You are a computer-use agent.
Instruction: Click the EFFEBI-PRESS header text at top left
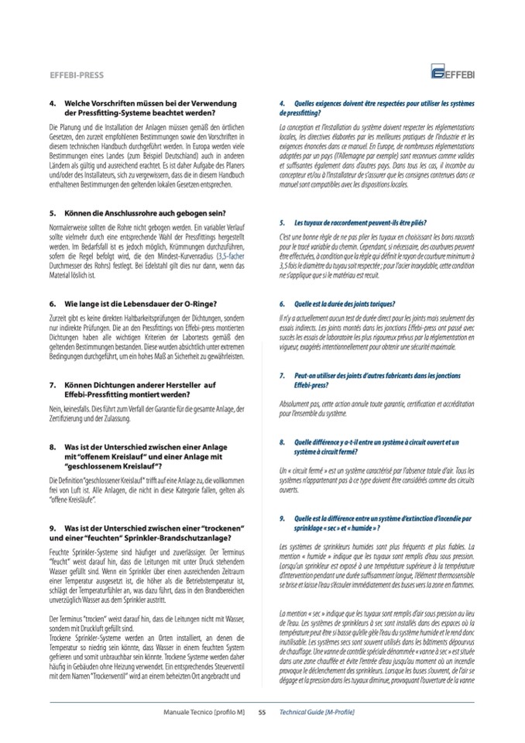point(77,75)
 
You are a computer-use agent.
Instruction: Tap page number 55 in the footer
point(262,710)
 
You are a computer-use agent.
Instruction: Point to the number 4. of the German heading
point(52,103)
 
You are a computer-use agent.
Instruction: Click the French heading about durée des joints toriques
point(345,304)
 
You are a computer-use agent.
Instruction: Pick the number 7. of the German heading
point(52,384)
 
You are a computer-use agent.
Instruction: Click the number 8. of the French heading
point(283,442)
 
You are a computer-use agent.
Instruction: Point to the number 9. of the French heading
point(283,518)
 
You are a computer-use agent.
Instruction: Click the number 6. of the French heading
point(283,304)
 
